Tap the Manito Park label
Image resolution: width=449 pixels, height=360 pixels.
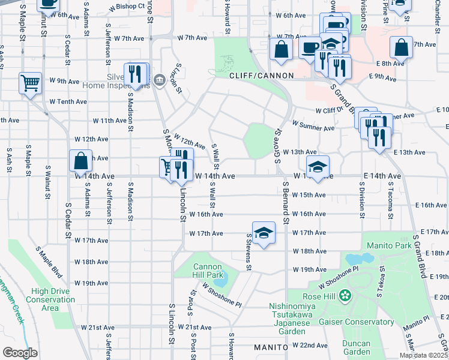[x=390, y=245]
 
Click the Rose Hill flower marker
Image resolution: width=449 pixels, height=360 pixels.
[x=345, y=295]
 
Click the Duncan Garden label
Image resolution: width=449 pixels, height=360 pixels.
[x=353, y=347]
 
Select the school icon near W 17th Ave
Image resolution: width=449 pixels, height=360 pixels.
[x=263, y=233]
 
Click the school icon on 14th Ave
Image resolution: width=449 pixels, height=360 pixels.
[x=318, y=167]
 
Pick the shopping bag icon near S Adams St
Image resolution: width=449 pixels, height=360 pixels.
[x=80, y=161]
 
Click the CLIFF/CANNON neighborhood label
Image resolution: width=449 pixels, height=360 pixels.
[x=261, y=76]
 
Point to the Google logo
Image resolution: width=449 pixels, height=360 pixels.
[x=20, y=352]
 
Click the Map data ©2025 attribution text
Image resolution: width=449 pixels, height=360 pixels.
[x=423, y=355]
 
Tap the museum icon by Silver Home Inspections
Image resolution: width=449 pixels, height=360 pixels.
[x=159, y=80]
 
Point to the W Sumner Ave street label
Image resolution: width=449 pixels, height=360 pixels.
[x=313, y=127]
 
